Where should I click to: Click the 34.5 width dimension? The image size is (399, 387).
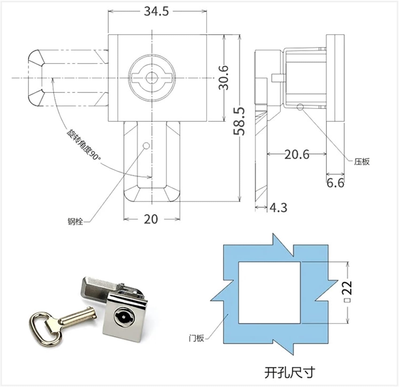156,12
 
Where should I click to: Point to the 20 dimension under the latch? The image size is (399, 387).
151,219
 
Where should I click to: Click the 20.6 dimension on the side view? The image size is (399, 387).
297,154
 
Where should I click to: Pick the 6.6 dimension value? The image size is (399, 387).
335,183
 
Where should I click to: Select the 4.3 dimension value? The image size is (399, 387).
278,208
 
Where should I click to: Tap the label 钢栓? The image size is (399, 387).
75,222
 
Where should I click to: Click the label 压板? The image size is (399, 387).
362,162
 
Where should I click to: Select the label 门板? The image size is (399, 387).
196,338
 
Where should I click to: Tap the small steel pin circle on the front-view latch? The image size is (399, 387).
146,146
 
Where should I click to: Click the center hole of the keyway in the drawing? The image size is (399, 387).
152,78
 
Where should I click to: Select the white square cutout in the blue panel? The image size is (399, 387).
269,293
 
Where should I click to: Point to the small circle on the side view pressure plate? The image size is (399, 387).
300,107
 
